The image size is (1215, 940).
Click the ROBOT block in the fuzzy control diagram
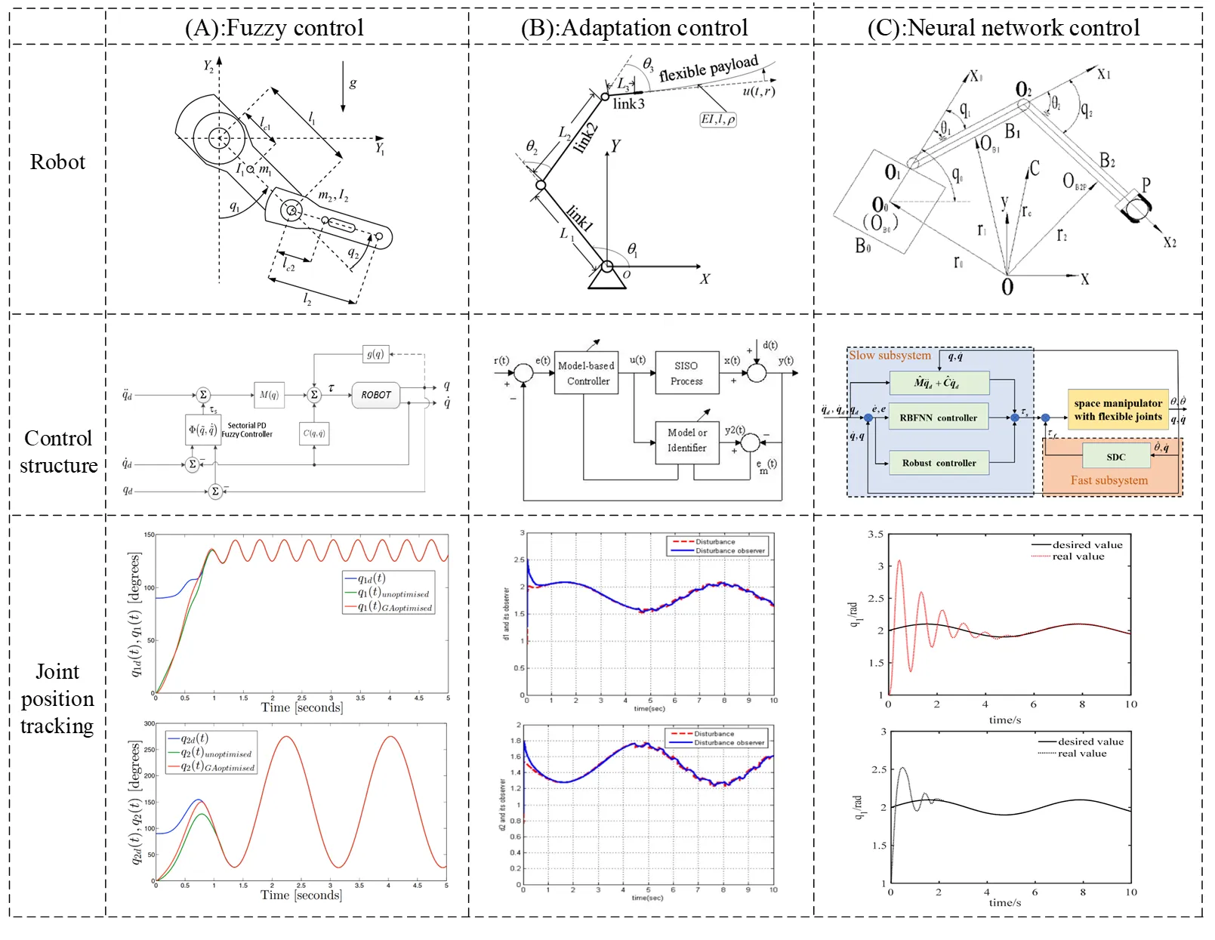click(x=375, y=395)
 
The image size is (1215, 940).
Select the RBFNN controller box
click(x=939, y=418)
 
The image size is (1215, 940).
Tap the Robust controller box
click(x=939, y=463)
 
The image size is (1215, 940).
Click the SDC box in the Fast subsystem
click(x=1115, y=457)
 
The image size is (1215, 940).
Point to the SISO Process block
click(x=686, y=373)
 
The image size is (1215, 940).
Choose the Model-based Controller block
click(x=586, y=373)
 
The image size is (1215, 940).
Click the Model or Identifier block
click(x=686, y=440)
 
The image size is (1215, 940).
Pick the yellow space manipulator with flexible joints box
click(x=1118, y=410)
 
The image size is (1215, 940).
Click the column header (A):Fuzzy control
click(x=274, y=28)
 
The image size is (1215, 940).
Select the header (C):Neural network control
click(x=1003, y=28)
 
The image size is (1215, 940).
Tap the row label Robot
click(x=57, y=162)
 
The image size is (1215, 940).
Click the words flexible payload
click(x=708, y=69)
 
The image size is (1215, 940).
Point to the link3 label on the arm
click(x=628, y=104)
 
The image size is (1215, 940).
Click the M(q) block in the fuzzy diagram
click(x=269, y=395)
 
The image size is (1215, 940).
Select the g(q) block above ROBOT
click(x=375, y=353)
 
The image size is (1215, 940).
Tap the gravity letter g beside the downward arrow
click(x=353, y=83)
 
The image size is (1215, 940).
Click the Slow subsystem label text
click(x=890, y=356)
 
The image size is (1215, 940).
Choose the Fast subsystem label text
click(x=1109, y=480)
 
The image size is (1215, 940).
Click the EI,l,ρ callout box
click(x=717, y=119)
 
